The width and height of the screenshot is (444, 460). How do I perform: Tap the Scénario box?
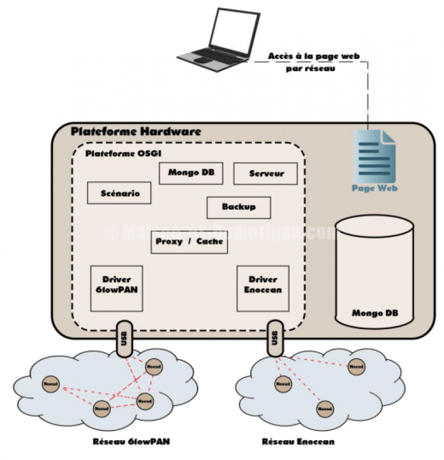click(x=119, y=193)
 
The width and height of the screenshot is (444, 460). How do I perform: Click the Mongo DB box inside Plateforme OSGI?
click(x=187, y=173)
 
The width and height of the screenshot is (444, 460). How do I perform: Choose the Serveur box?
click(x=266, y=174)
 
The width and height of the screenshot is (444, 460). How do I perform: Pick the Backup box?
click(x=238, y=207)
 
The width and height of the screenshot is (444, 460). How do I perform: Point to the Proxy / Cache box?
click(x=190, y=242)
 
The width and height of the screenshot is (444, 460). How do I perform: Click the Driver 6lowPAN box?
click(x=117, y=288)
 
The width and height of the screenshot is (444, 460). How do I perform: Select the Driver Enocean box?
click(x=263, y=288)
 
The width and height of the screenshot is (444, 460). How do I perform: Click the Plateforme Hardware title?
click(x=136, y=132)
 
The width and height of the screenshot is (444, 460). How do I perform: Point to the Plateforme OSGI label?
click(x=117, y=153)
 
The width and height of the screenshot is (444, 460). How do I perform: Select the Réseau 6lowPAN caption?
click(x=131, y=441)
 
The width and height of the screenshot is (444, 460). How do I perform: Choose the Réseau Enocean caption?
click(x=298, y=441)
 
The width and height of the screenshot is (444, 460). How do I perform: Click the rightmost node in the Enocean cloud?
click(x=355, y=367)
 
